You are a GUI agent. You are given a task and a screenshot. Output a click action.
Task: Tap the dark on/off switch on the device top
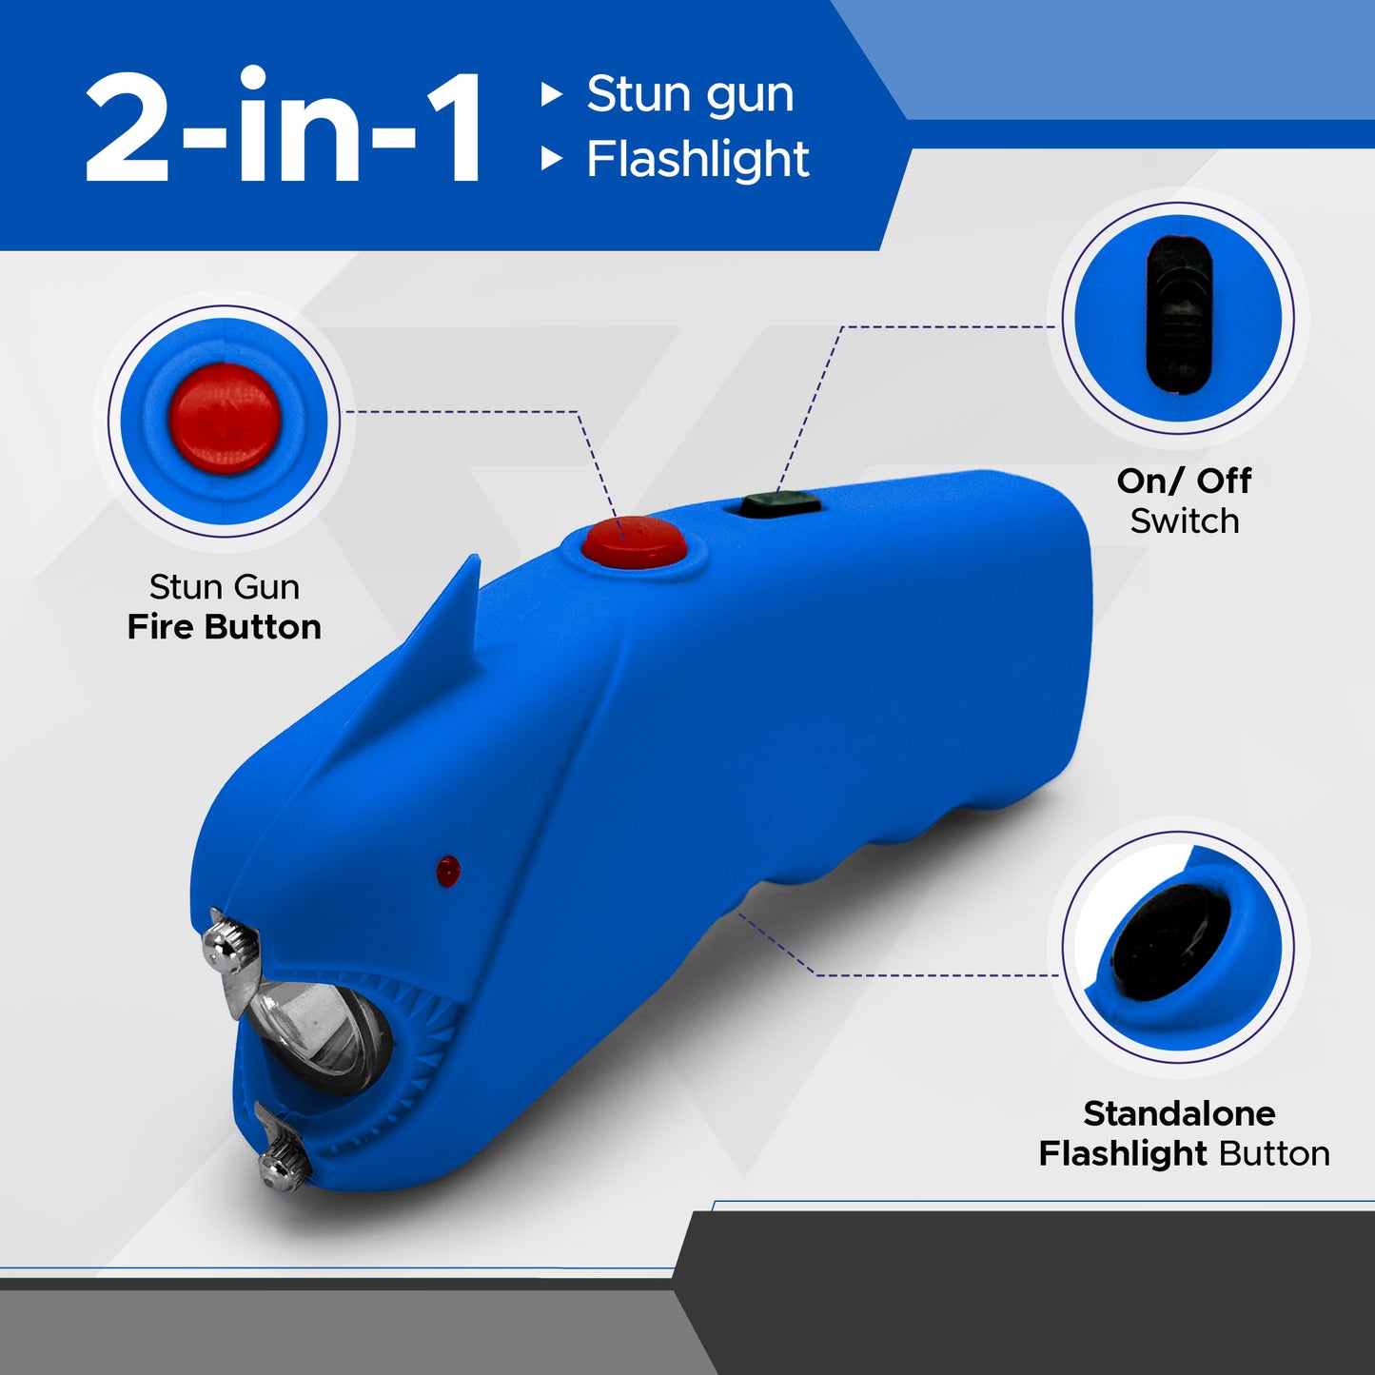780,503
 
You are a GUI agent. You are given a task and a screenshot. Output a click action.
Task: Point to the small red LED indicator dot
447,870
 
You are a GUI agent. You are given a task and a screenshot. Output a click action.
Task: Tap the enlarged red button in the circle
225,419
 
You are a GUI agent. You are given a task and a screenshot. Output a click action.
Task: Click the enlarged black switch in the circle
1179,315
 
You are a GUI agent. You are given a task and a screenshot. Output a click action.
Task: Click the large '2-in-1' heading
284,128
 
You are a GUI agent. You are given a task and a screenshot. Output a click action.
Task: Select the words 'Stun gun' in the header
690,94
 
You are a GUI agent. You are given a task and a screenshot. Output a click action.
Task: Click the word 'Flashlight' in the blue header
697,159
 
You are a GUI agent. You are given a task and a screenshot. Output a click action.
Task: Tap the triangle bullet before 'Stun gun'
551,94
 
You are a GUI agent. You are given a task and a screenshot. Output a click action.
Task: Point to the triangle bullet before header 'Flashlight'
551,159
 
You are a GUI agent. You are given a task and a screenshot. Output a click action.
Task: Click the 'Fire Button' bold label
225,627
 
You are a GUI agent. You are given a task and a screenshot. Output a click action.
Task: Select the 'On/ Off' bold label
1184,481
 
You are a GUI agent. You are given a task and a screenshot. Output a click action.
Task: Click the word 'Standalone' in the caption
1179,1113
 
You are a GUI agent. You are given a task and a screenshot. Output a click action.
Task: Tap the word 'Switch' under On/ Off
1185,521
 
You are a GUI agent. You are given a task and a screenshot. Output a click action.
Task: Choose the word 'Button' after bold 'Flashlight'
1274,1153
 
